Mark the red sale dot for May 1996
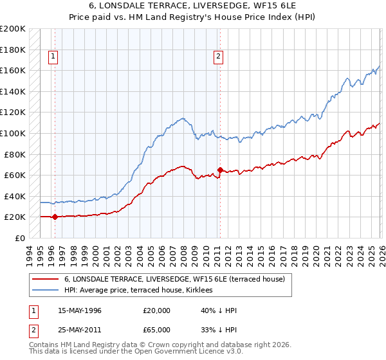tap(55, 217)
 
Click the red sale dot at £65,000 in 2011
tap(220, 170)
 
